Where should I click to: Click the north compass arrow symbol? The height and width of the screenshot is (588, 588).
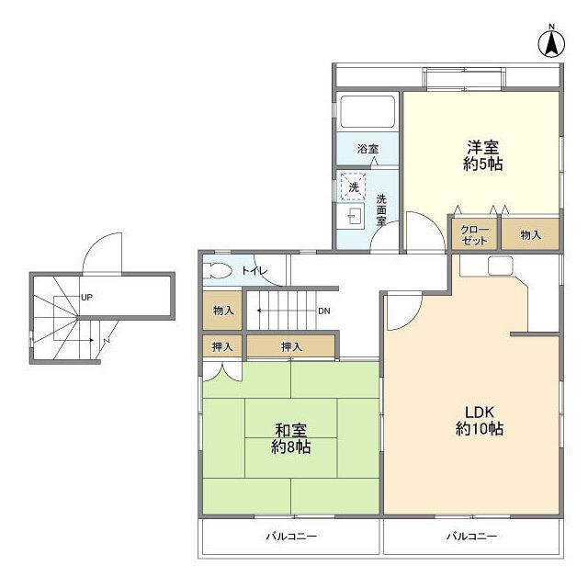click(x=551, y=40)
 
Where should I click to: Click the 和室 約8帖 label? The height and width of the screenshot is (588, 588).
click(x=290, y=438)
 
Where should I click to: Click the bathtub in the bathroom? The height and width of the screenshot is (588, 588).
click(x=367, y=112)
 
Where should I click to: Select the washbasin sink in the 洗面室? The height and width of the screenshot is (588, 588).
click(x=352, y=217)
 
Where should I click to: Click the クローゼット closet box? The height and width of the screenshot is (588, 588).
click(x=474, y=234)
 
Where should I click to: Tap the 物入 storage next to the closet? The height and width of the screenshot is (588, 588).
click(x=530, y=235)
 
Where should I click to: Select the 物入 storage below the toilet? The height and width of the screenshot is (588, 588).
click(x=222, y=311)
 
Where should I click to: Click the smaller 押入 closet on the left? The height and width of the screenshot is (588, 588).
click(x=222, y=346)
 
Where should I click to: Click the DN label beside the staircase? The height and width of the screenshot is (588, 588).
click(x=323, y=311)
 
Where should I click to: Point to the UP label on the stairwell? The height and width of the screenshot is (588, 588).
click(x=86, y=298)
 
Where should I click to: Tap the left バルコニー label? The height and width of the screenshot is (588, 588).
click(x=291, y=536)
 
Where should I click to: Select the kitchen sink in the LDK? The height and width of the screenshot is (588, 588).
click(x=500, y=266)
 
